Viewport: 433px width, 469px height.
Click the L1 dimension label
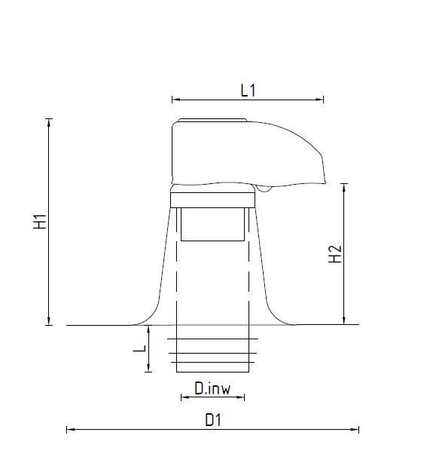(x=249, y=90)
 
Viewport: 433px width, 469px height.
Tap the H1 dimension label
(x=40, y=222)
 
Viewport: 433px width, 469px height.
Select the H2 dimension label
(x=335, y=254)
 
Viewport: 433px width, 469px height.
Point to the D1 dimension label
(x=213, y=420)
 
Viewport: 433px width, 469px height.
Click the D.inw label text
(x=212, y=388)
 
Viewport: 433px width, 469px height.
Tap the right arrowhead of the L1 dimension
(x=319, y=100)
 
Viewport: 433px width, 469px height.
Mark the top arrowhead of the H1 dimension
(x=49, y=123)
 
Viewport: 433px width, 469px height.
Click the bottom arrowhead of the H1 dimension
(x=49, y=321)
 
